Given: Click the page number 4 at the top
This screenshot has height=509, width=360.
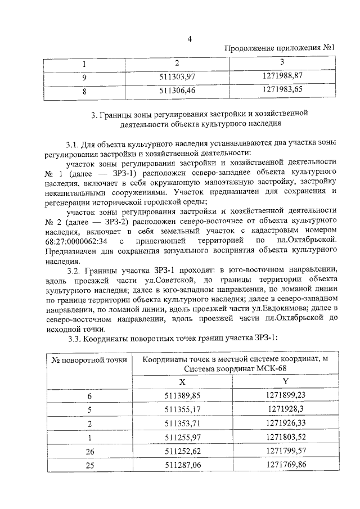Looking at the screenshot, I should pyautogui.click(x=190, y=38).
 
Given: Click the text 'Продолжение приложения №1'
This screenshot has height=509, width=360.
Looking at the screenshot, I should pyautogui.click(x=279, y=48).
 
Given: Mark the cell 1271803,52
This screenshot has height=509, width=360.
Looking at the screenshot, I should pyautogui.click(x=285, y=438).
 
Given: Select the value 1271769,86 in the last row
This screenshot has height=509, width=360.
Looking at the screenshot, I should pyautogui.click(x=285, y=465).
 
